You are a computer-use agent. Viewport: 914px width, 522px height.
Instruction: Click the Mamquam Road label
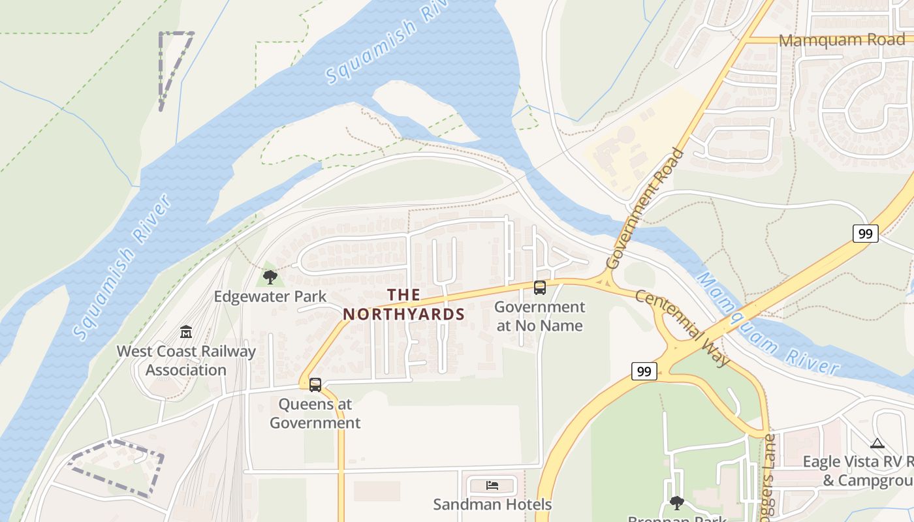842,40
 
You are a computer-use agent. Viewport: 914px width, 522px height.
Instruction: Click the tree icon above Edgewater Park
270,277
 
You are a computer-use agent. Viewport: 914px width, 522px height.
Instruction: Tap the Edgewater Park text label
270,297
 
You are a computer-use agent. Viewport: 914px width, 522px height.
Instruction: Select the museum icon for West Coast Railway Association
186,332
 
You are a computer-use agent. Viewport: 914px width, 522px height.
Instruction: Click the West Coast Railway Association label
186,360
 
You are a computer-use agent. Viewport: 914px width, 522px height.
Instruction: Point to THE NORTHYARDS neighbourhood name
404,304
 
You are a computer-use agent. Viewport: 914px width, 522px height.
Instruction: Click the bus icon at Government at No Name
540,287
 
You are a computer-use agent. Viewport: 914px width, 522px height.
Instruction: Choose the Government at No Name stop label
540,316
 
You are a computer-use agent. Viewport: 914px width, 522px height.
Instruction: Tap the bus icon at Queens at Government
315,384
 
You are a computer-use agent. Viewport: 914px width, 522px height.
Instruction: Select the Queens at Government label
315,413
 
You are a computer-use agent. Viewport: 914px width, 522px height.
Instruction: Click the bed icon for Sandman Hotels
492,485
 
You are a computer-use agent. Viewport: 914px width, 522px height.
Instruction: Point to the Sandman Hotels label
492,504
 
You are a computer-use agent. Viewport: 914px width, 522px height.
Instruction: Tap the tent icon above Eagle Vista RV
877,444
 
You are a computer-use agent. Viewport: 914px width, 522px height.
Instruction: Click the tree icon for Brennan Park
677,502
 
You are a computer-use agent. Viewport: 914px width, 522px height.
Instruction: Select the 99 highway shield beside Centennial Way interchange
644,371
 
